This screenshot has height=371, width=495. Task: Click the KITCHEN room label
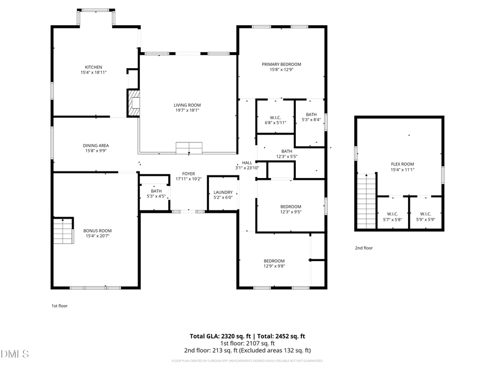[94, 67]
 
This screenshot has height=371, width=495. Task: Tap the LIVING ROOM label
[187, 105]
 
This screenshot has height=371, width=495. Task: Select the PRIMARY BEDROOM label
[281, 64]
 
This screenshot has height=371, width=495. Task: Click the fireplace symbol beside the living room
[133, 103]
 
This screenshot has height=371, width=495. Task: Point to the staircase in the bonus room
[63, 231]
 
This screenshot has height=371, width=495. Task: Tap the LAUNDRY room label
[223, 192]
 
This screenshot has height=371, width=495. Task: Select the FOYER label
[189, 174]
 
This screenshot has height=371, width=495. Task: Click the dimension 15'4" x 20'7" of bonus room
[97, 236]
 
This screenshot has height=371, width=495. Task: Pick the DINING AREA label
[96, 146]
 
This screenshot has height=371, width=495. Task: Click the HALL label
[247, 163]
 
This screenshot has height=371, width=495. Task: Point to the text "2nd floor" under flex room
[364, 248]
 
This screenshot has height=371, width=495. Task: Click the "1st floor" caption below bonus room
[59, 306]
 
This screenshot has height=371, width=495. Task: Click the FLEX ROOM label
[402, 164]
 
